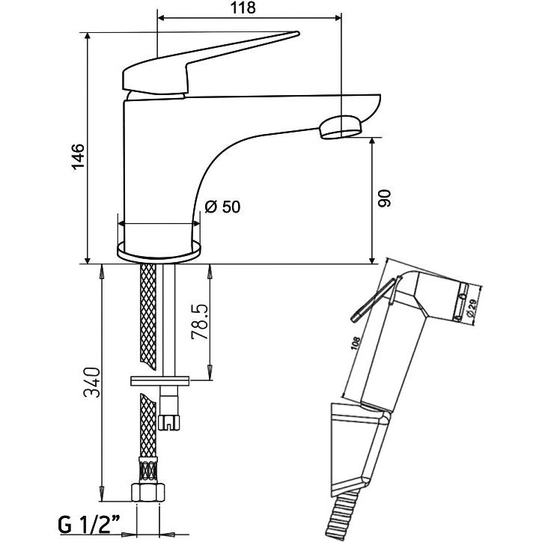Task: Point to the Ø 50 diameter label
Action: pyautogui.click(x=222, y=207)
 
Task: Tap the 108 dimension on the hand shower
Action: pyautogui.click(x=355, y=347)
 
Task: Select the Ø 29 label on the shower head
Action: pyautogui.click(x=471, y=308)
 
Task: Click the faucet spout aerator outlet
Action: pyautogui.click(x=340, y=127)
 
